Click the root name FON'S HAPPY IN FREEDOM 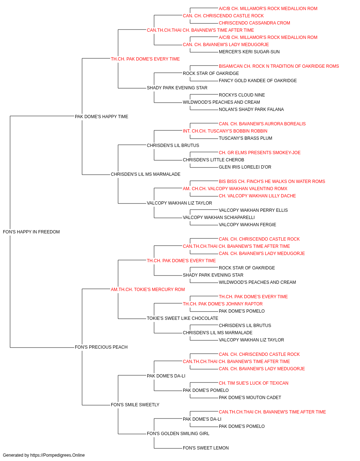tap(31, 232)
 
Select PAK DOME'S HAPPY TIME tap(102, 117)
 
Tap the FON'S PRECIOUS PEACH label tap(101, 347)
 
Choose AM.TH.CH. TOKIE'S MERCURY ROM tap(148, 289)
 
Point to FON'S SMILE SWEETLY tap(135, 405)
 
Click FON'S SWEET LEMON tap(206, 448)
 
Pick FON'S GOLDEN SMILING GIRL tap(178, 433)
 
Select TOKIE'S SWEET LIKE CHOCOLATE tap(182, 318)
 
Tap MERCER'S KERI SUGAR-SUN tap(249, 52)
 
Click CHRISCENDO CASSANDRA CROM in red tap(255, 23)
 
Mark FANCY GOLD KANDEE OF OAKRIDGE tap(258, 81)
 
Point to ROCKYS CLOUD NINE tap(242, 95)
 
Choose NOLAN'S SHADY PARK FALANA tap(251, 109)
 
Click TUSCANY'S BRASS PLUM tap(245, 138)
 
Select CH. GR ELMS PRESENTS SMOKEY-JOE tap(260, 153)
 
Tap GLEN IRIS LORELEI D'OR tap(245, 167)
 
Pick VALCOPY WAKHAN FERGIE tap(247, 225)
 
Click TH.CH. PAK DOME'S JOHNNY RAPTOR tap(222, 304)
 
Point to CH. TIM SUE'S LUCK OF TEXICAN tap(253, 383)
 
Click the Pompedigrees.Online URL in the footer tap(57, 455)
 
